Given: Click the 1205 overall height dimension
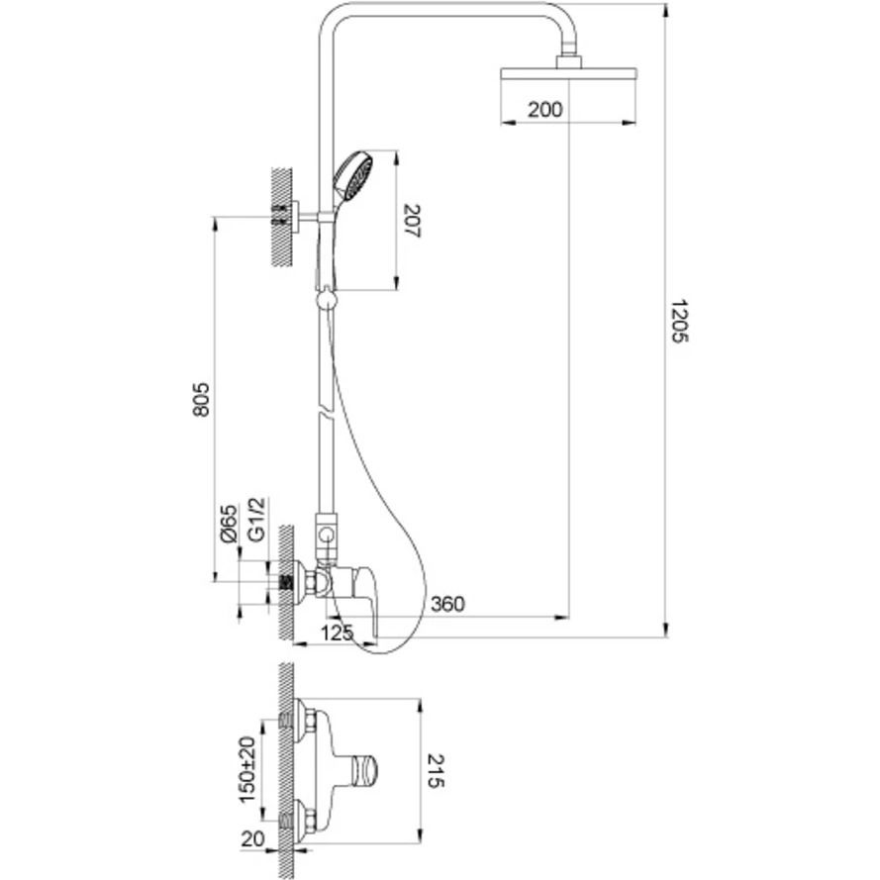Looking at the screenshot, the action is (679, 321).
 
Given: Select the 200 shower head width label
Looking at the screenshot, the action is (544, 110).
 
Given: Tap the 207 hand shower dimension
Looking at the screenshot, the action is (412, 221).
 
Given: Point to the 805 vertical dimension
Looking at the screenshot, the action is (201, 400).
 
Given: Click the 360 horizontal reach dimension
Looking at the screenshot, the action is (447, 604).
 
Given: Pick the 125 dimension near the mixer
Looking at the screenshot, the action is (337, 633).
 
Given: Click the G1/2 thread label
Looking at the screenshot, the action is (256, 519).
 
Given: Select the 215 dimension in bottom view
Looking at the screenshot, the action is (436, 770).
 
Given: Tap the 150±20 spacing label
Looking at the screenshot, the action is (248, 769).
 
